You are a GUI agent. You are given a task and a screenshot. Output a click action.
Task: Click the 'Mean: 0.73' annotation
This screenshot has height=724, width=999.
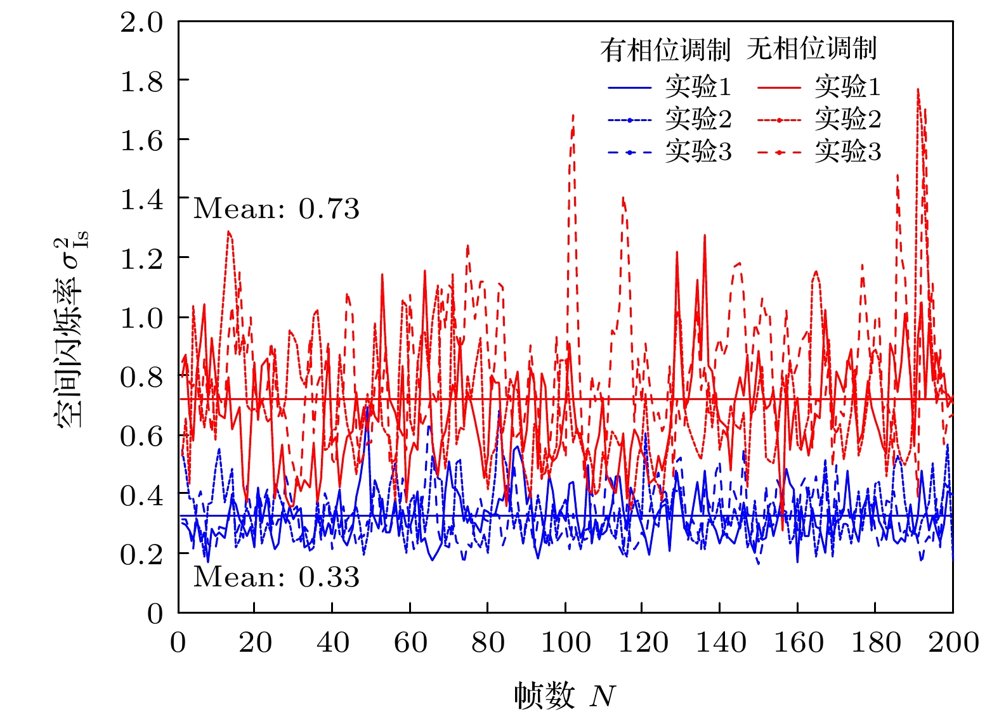pos(276,209)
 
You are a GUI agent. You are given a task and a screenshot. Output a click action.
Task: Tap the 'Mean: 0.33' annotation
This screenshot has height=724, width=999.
pos(276,577)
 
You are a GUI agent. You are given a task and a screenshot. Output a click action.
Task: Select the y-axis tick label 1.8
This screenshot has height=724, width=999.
pos(142,82)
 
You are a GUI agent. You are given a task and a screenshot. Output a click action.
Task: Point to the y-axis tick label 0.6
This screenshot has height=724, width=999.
pos(142,436)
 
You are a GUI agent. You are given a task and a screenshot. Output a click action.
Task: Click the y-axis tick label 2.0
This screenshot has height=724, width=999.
pos(142,23)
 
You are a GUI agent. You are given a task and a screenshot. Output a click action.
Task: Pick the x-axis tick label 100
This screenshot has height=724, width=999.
pos(565,643)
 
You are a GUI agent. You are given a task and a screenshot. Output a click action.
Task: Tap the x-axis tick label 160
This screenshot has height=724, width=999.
pos(798,643)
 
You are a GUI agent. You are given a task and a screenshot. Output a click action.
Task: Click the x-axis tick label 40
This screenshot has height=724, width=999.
pos(332,643)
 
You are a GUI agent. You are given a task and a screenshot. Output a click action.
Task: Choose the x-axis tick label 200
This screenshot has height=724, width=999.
pos(953,643)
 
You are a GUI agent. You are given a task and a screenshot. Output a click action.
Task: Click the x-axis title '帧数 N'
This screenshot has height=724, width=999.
pos(565,695)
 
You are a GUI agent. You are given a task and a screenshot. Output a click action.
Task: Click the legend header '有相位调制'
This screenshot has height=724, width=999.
pos(665,49)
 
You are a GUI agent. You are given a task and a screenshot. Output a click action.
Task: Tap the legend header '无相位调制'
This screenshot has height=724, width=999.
pos(811,49)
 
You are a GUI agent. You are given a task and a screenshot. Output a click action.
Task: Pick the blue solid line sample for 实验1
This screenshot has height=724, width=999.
pos(629,87)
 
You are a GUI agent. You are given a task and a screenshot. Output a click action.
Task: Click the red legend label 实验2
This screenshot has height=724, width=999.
pos(847,119)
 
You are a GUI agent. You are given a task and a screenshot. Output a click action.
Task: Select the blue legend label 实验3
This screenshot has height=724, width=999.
pos(698,152)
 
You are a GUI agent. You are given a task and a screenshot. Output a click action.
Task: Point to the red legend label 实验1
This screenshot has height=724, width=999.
pos(847,86)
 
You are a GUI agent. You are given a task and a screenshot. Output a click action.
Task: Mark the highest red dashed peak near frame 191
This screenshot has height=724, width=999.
pos(918,90)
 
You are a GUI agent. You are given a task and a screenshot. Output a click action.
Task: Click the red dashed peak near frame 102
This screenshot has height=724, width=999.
pos(573,116)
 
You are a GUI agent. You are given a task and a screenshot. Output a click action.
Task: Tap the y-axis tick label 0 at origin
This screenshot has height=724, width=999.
pos(155,614)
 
